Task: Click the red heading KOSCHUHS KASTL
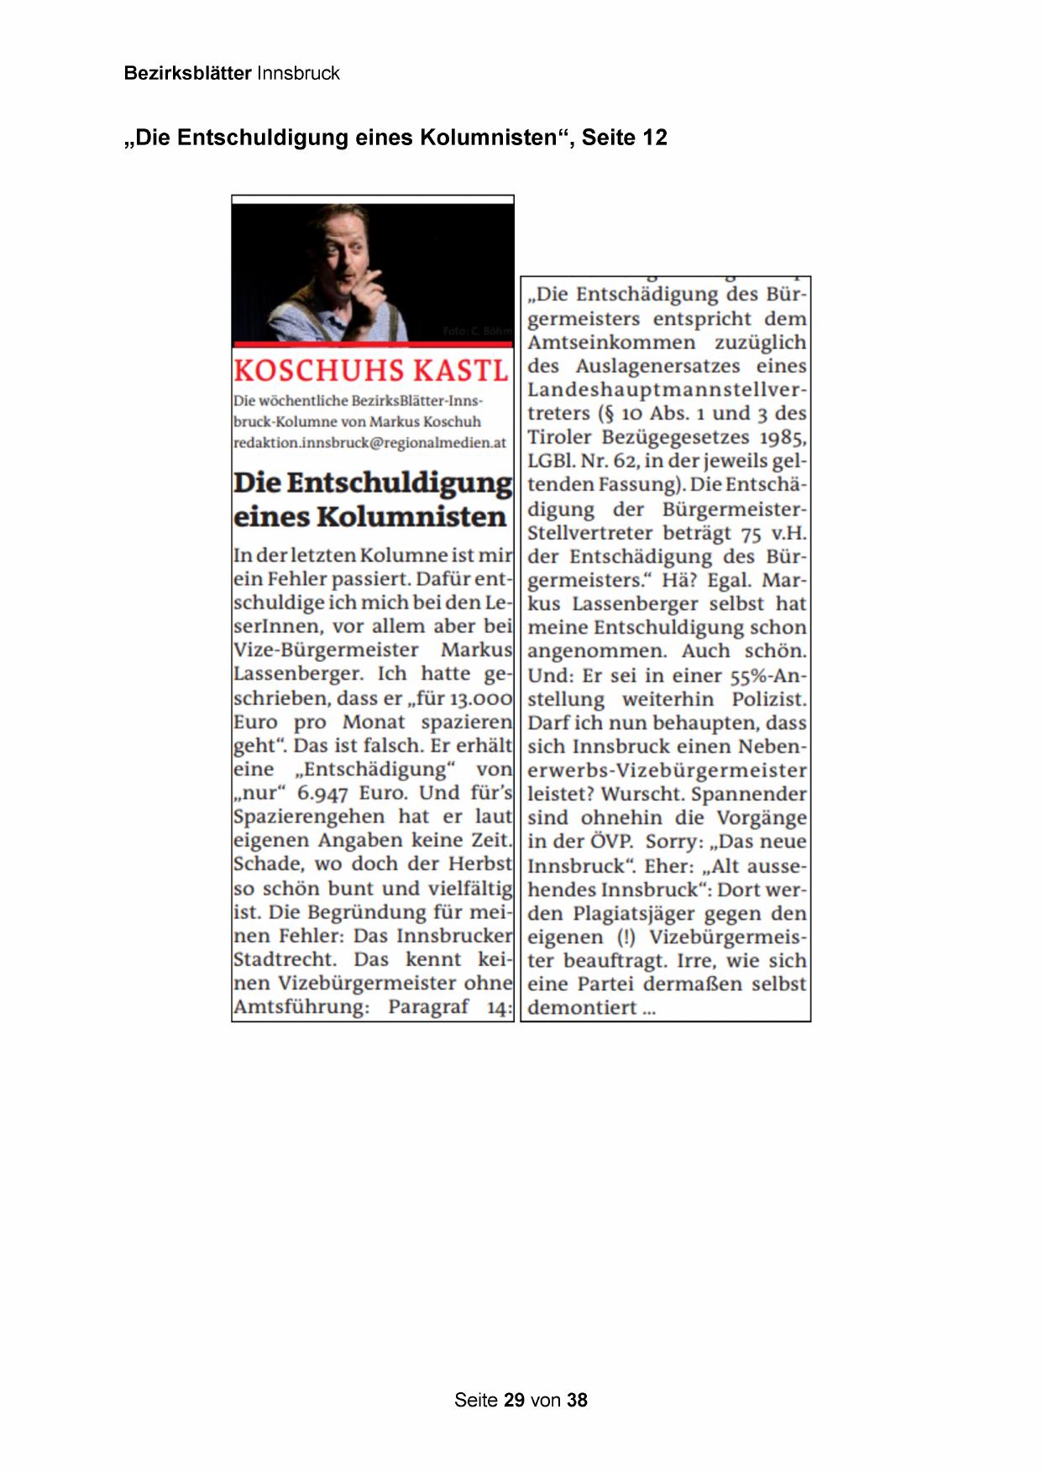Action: coord(370,371)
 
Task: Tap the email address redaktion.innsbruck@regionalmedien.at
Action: coord(369,442)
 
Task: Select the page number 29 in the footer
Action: coord(514,1400)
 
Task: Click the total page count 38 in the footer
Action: coord(577,1400)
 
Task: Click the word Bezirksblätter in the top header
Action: coord(187,73)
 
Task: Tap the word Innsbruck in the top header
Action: coord(298,73)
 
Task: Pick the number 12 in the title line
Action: coord(654,138)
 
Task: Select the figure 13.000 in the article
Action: coord(480,698)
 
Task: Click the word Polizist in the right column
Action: coord(767,699)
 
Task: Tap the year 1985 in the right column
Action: coord(783,437)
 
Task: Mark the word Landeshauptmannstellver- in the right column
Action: coord(667,390)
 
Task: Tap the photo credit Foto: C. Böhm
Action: coord(476,331)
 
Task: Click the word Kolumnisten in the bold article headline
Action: coord(411,517)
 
